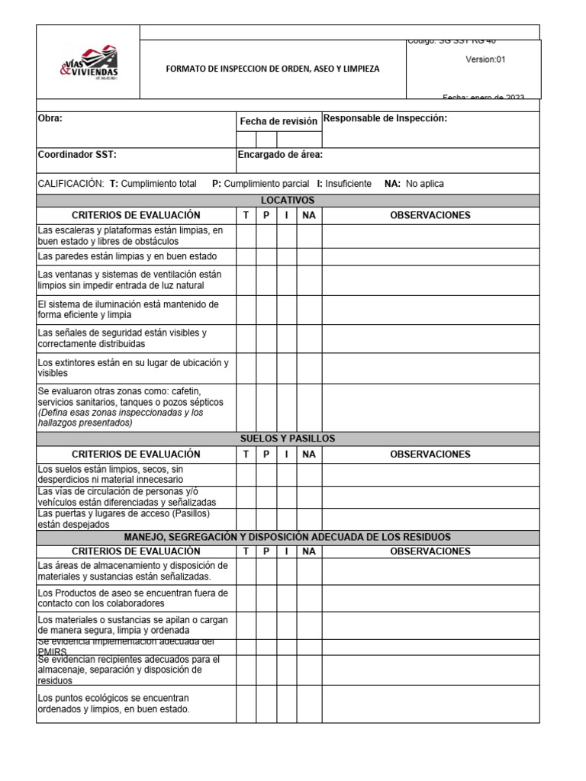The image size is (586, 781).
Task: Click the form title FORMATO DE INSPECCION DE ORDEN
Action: (x=272, y=69)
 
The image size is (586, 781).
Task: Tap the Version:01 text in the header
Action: (x=485, y=59)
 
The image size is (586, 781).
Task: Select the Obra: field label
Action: (x=50, y=118)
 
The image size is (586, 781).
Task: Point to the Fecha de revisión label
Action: (x=279, y=121)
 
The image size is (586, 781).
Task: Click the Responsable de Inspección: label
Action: (x=385, y=118)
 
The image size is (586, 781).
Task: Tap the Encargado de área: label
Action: (x=280, y=155)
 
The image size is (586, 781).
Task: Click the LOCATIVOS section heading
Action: (x=288, y=201)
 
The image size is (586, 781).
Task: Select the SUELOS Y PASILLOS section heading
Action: (x=288, y=439)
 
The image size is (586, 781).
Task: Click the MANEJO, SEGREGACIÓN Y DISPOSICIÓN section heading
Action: (x=288, y=538)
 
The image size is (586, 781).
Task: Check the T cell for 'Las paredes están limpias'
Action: (x=246, y=257)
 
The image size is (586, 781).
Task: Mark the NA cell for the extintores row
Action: (x=309, y=368)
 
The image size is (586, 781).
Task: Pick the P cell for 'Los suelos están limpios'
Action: (x=266, y=474)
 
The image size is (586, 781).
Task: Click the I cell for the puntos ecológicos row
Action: (x=286, y=704)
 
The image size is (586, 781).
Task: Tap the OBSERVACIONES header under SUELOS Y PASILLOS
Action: (x=430, y=455)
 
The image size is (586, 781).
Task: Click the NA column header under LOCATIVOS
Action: (x=309, y=216)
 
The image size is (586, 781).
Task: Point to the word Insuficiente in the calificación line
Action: (x=348, y=184)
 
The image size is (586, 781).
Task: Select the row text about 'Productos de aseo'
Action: (x=133, y=598)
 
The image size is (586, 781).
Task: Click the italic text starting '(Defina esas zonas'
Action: (x=121, y=418)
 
